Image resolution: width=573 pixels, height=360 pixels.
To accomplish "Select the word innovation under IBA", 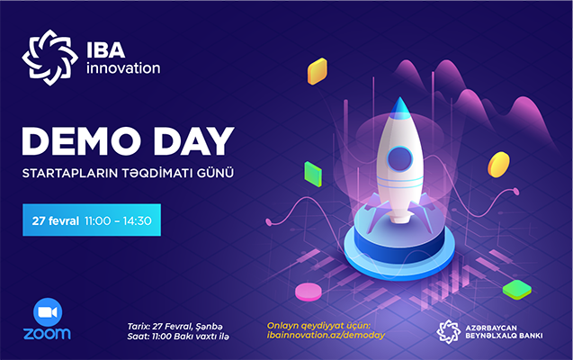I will point(123,67).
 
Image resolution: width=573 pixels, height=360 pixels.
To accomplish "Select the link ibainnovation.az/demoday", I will point(326,336).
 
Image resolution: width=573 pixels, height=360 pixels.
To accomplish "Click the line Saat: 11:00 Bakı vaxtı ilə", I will point(178,336).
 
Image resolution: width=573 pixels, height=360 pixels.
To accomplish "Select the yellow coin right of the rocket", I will point(497,164).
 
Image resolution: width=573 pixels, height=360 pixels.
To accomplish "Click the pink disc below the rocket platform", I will point(309,292).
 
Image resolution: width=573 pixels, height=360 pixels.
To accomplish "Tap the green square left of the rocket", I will point(312,171).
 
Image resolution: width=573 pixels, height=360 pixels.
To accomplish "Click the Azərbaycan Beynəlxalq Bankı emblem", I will point(448,331).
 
